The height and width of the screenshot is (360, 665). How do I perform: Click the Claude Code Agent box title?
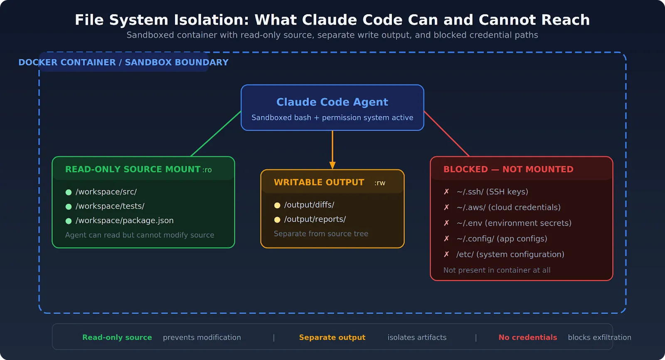(x=332, y=102)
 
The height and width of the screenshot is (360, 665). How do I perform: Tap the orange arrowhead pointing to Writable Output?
(x=332, y=165)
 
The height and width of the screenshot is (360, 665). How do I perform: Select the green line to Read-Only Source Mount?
(x=216, y=134)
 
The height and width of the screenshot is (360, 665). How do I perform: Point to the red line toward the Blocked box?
(x=446, y=134)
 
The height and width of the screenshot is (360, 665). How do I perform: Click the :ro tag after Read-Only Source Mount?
(x=207, y=170)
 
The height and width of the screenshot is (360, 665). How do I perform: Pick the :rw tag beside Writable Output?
(x=379, y=183)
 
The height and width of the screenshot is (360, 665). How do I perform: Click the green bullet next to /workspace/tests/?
(x=69, y=207)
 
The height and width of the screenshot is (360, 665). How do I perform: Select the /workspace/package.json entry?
(x=124, y=220)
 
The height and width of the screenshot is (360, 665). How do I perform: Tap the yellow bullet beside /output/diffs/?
(x=277, y=205)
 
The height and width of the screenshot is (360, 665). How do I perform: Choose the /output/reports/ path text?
(x=315, y=219)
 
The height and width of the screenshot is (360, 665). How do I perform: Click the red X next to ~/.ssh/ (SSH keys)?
(x=446, y=192)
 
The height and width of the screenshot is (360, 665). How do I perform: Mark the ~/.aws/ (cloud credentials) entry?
(x=508, y=207)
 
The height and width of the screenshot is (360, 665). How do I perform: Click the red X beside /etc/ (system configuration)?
(x=446, y=254)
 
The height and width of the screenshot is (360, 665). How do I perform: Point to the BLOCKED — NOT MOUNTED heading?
(x=508, y=169)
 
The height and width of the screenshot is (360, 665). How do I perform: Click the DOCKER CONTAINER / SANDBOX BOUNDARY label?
(x=123, y=62)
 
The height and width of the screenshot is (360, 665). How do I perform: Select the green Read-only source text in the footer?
(x=117, y=338)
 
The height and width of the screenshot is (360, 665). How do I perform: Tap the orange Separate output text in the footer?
(x=332, y=338)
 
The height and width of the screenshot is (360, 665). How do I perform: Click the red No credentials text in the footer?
(x=527, y=338)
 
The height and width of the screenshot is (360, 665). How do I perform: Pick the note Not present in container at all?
(x=497, y=270)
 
